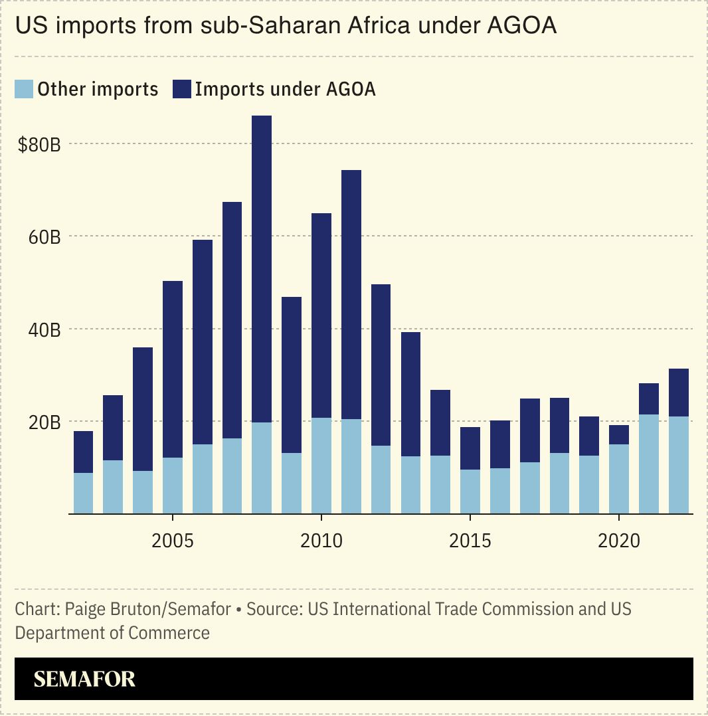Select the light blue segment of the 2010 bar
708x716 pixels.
[x=321, y=466]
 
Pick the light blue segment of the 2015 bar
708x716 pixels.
[x=470, y=492]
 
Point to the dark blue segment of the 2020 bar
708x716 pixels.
[x=619, y=434]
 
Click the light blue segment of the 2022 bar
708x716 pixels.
[x=678, y=465]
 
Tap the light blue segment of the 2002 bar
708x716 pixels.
[x=83, y=493]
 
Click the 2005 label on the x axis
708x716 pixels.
[x=173, y=541]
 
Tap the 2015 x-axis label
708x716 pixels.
[x=470, y=541]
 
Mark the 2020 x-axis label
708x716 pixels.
[x=619, y=541]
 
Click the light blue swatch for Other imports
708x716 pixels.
[x=24, y=89]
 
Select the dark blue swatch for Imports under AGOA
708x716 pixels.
[x=181, y=89]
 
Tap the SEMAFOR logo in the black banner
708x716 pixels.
[x=84, y=679]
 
